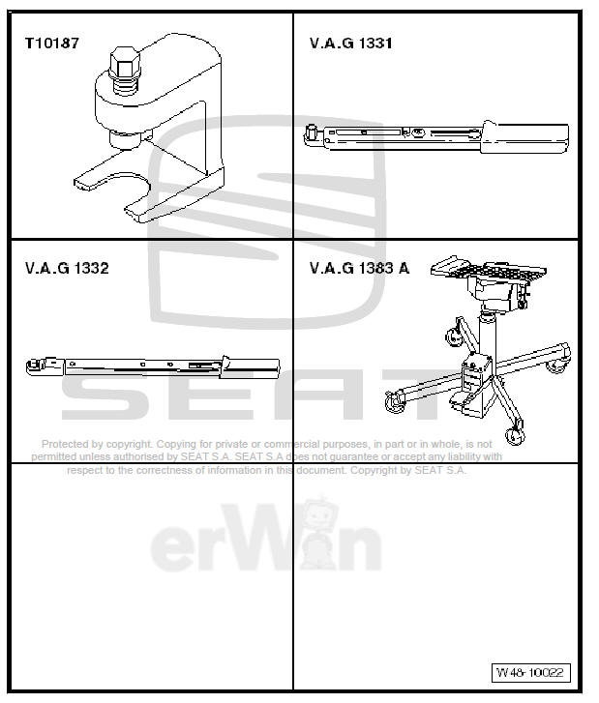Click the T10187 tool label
[x=52, y=44]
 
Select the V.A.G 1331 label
[x=351, y=44]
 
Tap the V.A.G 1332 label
[x=67, y=268]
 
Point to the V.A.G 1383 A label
[x=359, y=268]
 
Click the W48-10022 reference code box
[x=531, y=672]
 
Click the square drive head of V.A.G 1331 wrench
[x=312, y=132]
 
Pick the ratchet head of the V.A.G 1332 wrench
[x=37, y=366]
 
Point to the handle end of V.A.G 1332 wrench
[x=256, y=367]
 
